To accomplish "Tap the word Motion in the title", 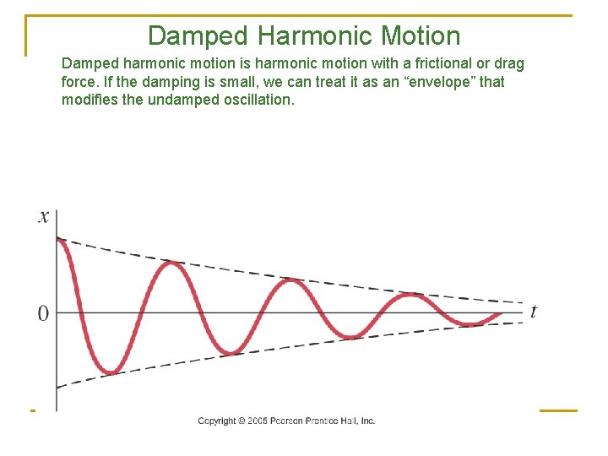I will point(421,35).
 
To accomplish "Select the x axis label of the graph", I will point(44,217).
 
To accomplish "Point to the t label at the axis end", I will point(533,312).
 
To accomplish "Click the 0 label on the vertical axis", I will point(43,313).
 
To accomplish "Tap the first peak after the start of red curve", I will point(171,263).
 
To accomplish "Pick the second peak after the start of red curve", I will point(291,280).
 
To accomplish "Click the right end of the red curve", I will point(500,313).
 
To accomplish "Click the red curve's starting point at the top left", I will point(57,239).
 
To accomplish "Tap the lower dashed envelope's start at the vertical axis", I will point(57,387).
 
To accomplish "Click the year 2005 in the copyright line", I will point(258,421).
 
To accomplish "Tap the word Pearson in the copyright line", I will point(287,421).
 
